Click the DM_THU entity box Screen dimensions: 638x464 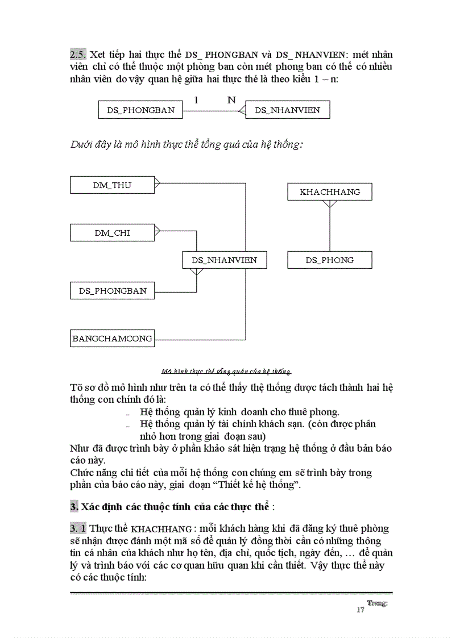pyautogui.click(x=112, y=185)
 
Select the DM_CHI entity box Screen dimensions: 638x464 pyautogui.click(x=112, y=232)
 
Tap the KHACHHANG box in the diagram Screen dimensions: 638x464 pyautogui.click(x=330, y=192)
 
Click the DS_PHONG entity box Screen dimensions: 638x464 pyautogui.click(x=330, y=260)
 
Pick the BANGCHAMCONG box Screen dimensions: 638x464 pyautogui.click(x=112, y=339)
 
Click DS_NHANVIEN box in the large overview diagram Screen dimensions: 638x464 pyautogui.click(x=224, y=260)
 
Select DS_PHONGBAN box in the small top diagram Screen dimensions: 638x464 pyautogui.click(x=140, y=110)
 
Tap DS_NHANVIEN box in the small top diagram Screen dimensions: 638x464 pyautogui.click(x=287, y=110)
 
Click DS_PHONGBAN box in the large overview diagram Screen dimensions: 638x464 pyautogui.click(x=112, y=291)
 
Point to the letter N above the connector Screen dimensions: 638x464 pyautogui.click(x=231, y=100)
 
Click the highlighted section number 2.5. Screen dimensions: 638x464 pyautogui.click(x=78, y=55)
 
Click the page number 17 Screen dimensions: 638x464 pyautogui.click(x=360, y=610)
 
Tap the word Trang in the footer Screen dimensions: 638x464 pyautogui.click(x=376, y=603)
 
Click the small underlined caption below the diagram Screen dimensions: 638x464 pyautogui.click(x=226, y=372)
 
